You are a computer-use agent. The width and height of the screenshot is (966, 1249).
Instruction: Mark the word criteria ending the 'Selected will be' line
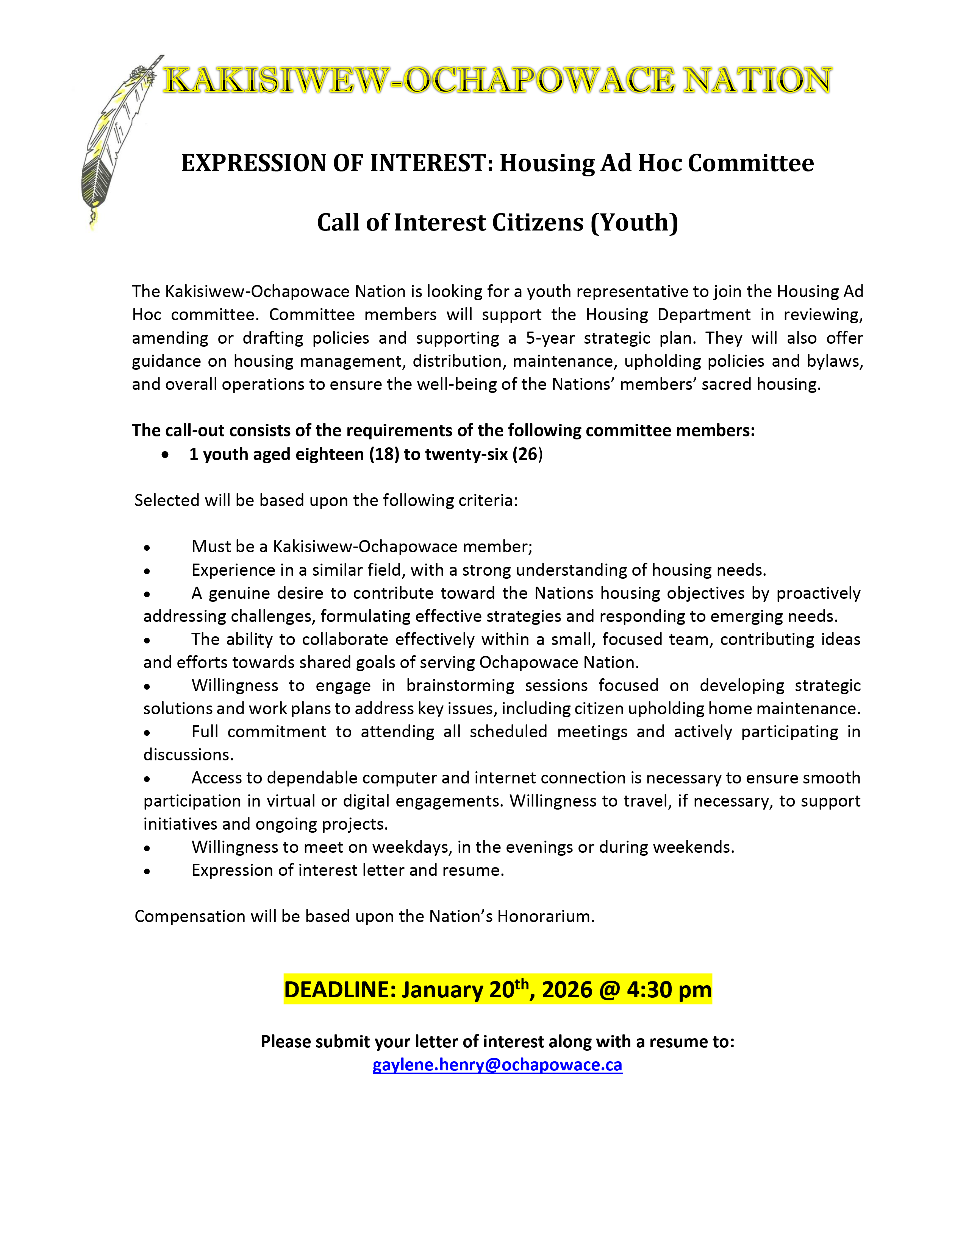click(x=489, y=500)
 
